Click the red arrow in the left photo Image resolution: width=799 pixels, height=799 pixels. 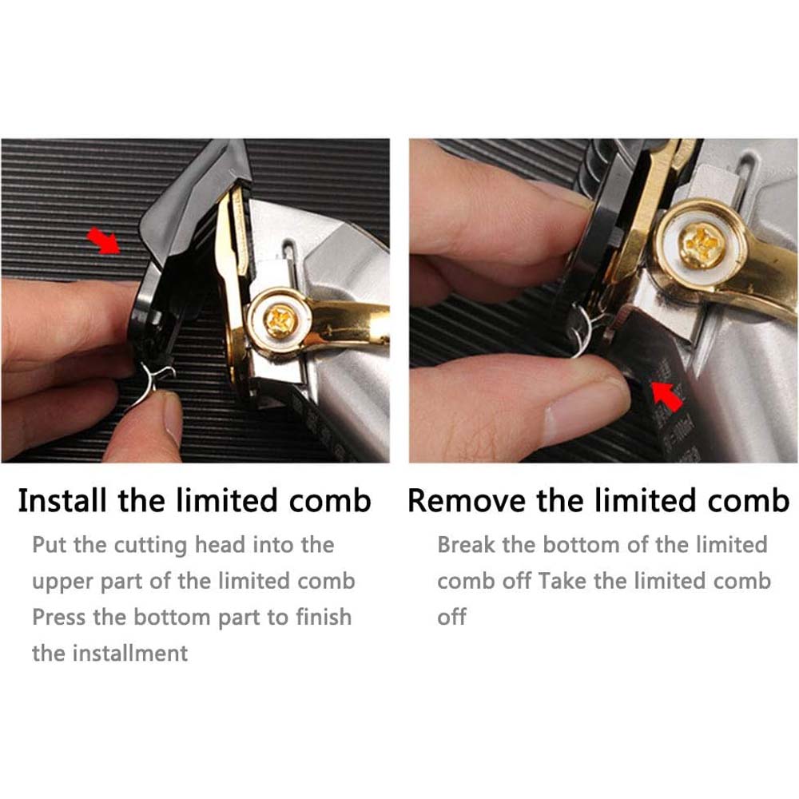click(104, 241)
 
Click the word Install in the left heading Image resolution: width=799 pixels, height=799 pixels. click(62, 500)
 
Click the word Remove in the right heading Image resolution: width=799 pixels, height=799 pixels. click(467, 500)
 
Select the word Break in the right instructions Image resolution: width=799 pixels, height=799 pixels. click(466, 545)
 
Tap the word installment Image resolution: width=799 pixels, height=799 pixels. click(130, 654)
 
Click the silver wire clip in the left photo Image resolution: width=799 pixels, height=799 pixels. click(151, 381)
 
